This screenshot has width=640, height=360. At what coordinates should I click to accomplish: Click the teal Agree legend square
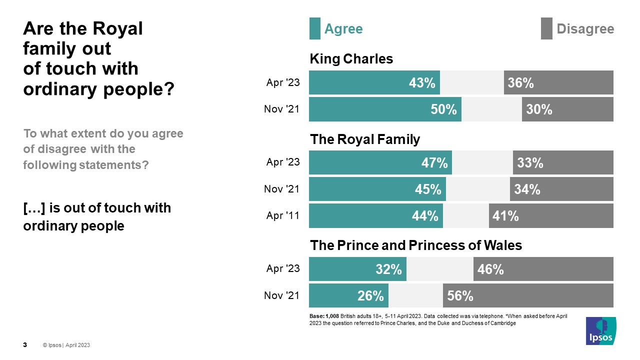click(x=314, y=28)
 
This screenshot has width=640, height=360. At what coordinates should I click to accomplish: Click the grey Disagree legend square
click(x=546, y=28)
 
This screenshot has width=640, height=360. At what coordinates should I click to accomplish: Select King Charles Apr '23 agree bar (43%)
click(x=374, y=82)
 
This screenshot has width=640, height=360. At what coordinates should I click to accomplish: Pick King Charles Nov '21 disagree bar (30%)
click(x=567, y=109)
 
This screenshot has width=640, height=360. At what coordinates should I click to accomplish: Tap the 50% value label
click(x=444, y=109)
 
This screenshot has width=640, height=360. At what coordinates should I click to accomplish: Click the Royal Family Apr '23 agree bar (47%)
click(x=380, y=162)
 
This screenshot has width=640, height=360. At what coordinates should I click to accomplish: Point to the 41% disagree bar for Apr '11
click(x=551, y=215)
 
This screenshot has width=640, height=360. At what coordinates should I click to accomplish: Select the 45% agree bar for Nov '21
click(x=377, y=189)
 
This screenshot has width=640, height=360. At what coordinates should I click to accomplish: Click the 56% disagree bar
click(x=528, y=295)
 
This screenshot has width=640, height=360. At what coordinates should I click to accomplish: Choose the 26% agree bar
click(x=348, y=295)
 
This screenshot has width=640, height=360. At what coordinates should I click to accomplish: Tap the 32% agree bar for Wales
click(x=357, y=269)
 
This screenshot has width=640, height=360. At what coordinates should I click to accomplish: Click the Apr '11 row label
click(x=283, y=215)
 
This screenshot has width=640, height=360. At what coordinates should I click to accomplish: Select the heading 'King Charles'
click(x=351, y=59)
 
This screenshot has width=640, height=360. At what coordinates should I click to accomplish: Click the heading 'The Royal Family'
click(x=365, y=139)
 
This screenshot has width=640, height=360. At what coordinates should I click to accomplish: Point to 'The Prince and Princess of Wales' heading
click(x=416, y=245)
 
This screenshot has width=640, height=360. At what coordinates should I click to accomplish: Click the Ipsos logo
click(x=601, y=330)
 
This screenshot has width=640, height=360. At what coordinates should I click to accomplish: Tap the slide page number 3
click(x=25, y=345)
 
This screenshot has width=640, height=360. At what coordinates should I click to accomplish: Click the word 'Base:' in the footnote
click(x=316, y=316)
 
